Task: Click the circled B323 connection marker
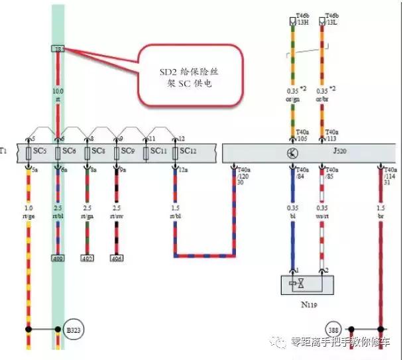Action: pyautogui.click(x=73, y=329)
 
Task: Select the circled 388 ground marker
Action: pyautogui.click(x=334, y=329)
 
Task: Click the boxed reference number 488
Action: pyautogui.click(x=58, y=258)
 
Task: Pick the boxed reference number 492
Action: pyautogui.click(x=87, y=258)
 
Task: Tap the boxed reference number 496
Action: pyautogui.click(x=117, y=258)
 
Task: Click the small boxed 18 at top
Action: pyautogui.click(x=58, y=49)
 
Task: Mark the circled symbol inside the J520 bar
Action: pyautogui.click(x=293, y=152)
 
